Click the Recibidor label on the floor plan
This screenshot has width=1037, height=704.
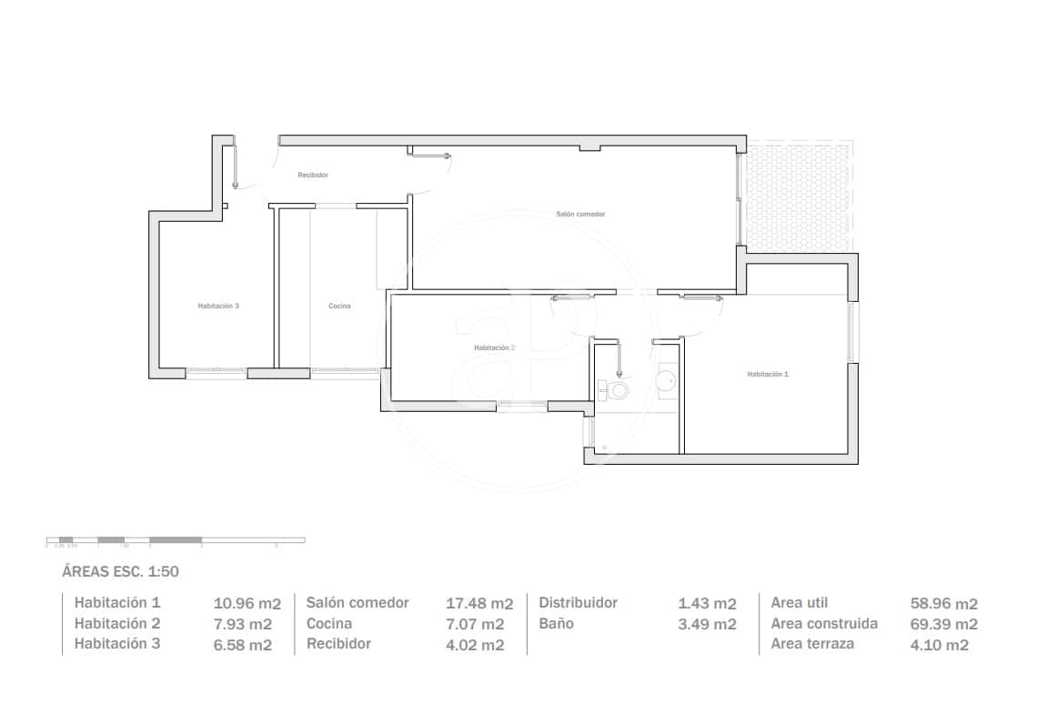pos(313,175)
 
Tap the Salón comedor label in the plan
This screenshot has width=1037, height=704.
pos(580,214)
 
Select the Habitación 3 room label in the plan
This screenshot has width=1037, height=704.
pos(218,307)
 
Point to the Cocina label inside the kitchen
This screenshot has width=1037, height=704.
pos(339,307)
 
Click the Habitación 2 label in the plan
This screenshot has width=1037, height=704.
pos(494,347)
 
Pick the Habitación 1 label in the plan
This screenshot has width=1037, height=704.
pos(768,374)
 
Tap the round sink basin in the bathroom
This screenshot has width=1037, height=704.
pos(667,380)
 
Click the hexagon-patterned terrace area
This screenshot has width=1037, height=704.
pos(798,195)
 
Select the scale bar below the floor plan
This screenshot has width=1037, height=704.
pos(176,540)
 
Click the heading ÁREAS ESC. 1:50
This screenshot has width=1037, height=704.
pos(120,572)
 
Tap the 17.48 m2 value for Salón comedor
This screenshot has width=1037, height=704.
pos(479,603)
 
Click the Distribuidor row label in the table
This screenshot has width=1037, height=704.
pos(578,603)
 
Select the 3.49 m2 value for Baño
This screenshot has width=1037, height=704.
pos(707,624)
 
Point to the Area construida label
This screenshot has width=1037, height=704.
pos(824,624)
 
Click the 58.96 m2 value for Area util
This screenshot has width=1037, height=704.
pos(943,603)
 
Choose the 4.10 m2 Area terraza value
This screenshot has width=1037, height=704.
pos(939,645)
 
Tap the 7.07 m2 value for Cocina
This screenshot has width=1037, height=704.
pos(474,624)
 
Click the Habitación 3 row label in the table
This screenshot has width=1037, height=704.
pos(117,645)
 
